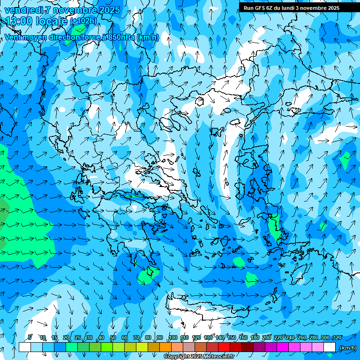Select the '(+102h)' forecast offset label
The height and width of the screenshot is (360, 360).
click(x=83, y=21)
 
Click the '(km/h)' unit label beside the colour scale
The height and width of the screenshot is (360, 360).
click(x=348, y=348)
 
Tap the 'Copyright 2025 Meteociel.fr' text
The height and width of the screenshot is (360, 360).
click(x=199, y=357)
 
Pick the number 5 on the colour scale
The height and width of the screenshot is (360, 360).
click(x=30, y=337)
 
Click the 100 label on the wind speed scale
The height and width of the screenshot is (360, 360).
click(x=173, y=337)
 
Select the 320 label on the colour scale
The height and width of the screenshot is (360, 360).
click(x=337, y=337)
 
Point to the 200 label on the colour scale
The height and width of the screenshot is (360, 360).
click(x=267, y=337)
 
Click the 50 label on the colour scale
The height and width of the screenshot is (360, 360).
click(x=113, y=337)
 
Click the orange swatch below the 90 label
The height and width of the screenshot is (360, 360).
click(x=165, y=347)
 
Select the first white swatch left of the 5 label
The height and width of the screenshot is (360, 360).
click(x=24, y=347)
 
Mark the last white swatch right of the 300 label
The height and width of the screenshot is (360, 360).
click(x=330, y=347)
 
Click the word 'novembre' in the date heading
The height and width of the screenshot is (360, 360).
click(x=74, y=10)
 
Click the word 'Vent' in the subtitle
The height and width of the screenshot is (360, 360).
click(x=14, y=37)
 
